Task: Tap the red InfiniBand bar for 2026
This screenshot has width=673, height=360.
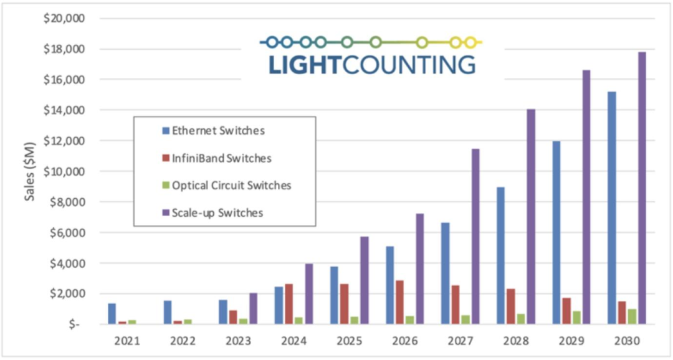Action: [399, 302]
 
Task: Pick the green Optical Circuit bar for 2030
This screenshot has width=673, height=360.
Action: [632, 316]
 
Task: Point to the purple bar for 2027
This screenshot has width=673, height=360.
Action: [475, 237]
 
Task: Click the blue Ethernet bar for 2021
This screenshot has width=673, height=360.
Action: [112, 314]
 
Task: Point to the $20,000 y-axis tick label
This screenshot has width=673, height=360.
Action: [64, 19]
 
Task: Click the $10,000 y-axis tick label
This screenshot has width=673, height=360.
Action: [64, 171]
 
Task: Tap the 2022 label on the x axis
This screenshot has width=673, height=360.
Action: [183, 341]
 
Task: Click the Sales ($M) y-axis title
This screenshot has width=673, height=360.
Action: [29, 171]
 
